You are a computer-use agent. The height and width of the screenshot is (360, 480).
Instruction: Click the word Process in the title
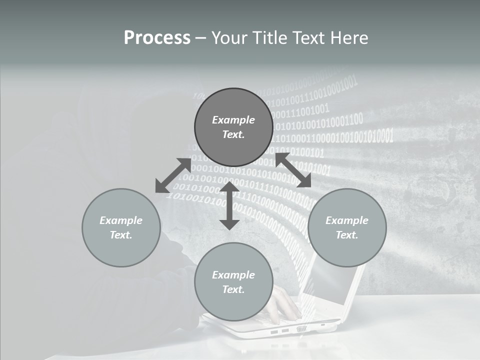[x=157, y=38]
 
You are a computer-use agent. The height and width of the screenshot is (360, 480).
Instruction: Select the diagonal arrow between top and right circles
[x=293, y=170]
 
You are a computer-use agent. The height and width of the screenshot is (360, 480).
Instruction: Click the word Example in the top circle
[x=233, y=120]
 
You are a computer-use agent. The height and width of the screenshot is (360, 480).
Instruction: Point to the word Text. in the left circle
[x=121, y=235]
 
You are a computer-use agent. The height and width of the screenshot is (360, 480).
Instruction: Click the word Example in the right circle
[x=347, y=220]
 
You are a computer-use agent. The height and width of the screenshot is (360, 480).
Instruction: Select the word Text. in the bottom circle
[x=233, y=289]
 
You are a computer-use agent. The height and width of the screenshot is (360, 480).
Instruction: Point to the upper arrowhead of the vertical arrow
[x=229, y=187]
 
